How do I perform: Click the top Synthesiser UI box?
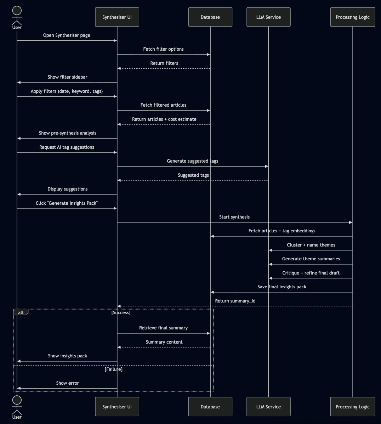pyautogui.click(x=117, y=17)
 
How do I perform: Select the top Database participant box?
pyautogui.click(x=210, y=17)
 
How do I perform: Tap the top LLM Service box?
pyautogui.click(x=268, y=17)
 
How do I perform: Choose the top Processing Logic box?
pyautogui.click(x=352, y=17)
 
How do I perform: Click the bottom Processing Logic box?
pyautogui.click(x=352, y=407)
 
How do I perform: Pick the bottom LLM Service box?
pyautogui.click(x=268, y=407)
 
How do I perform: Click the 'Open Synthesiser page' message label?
pyautogui.click(x=67, y=35)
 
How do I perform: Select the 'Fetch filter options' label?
pyautogui.click(x=163, y=49)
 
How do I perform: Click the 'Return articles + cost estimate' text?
pyautogui.click(x=164, y=119)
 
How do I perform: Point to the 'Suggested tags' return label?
pyautogui.click(x=193, y=175)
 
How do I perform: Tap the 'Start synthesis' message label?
pyautogui.click(x=234, y=217)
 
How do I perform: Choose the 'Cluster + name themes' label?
pyautogui.click(x=311, y=245)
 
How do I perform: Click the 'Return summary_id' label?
pyautogui.click(x=235, y=301)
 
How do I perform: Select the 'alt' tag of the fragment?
pyautogui.click(x=21, y=312)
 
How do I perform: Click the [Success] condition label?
pyautogui.click(x=121, y=313)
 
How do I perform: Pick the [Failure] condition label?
pyautogui.click(x=113, y=369)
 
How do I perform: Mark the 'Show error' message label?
pyautogui.click(x=67, y=383)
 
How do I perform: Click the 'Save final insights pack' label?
pyautogui.click(x=282, y=287)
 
